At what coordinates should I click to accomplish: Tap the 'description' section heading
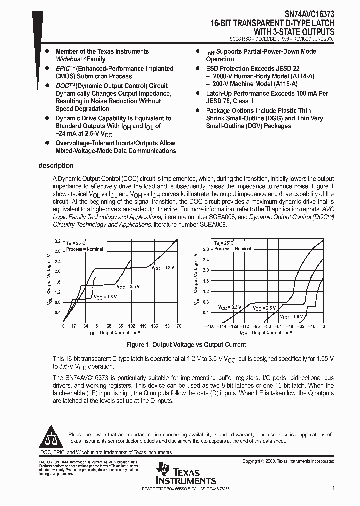pyautogui.click(x=56, y=166)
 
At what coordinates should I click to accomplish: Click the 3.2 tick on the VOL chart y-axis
pyautogui.click(x=57, y=241)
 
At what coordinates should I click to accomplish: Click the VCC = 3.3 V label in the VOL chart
pyautogui.click(x=163, y=268)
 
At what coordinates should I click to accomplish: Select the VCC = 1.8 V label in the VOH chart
pyautogui.click(x=291, y=316)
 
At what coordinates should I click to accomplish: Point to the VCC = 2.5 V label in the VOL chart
pyautogui.click(x=128, y=287)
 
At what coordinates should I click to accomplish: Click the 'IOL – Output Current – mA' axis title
pyautogui.click(x=114, y=333)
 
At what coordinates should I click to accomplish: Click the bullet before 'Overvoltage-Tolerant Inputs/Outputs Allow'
pyautogui.click(x=47, y=143)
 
